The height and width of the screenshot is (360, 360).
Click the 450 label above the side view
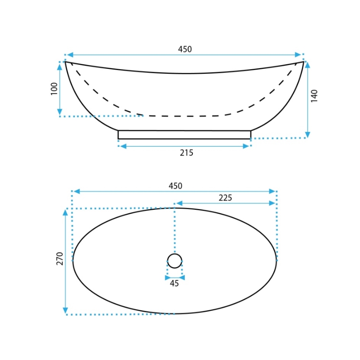point(185,49)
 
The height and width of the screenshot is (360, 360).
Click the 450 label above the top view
point(175,186)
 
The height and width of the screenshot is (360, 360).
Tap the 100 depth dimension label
point(54,89)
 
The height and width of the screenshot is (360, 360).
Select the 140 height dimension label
point(314,96)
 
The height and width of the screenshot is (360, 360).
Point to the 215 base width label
point(187,153)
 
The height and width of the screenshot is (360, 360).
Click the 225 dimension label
point(225,198)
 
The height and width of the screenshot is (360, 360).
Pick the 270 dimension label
point(60,258)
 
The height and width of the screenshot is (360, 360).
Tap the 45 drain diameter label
point(174,283)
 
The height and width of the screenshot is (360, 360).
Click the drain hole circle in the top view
point(175,254)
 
